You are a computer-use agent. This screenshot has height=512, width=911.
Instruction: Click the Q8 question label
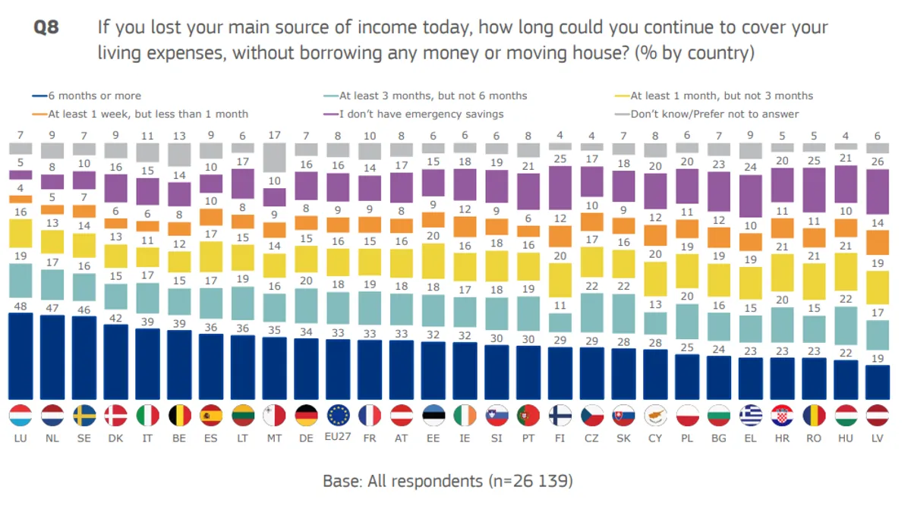(46, 29)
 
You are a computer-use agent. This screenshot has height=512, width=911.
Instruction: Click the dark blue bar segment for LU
(20, 356)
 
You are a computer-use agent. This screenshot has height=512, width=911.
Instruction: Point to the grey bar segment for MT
(275, 158)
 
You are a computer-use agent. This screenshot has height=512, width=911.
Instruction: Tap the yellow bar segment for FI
(560, 279)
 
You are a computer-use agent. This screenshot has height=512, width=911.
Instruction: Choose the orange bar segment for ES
(211, 217)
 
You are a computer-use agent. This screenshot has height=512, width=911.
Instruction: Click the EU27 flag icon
(338, 416)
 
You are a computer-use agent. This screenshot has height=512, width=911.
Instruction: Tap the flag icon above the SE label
(84, 416)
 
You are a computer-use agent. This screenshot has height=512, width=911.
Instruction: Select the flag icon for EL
(751, 416)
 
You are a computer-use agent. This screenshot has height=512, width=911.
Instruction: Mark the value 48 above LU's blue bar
(20, 306)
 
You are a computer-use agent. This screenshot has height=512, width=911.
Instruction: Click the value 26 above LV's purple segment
(877, 162)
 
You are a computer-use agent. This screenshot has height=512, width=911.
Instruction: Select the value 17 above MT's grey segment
(275, 136)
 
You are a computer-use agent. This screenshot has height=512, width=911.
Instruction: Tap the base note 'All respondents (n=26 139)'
(447, 481)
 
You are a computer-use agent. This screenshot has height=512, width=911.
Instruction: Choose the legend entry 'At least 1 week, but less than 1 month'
(147, 114)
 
